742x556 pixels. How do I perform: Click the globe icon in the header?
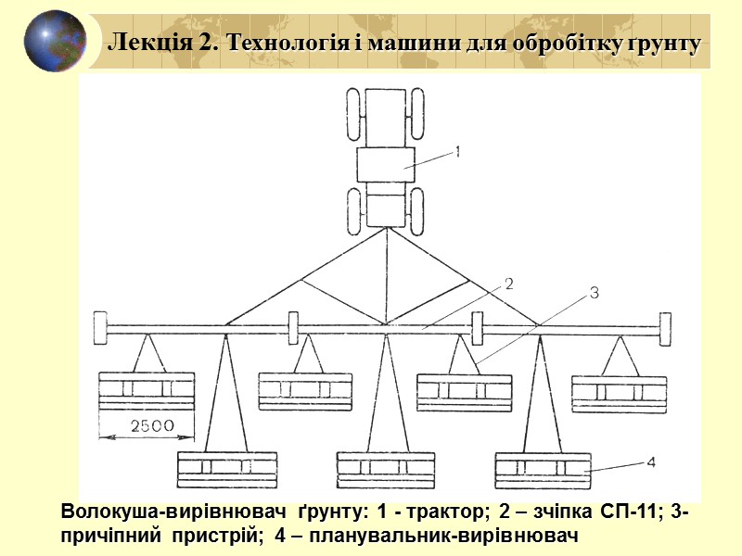pos(55,41)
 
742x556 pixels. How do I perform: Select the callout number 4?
pos(650,461)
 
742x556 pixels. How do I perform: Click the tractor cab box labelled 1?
pos(386,167)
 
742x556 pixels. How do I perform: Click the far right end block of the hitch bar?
pos(665,327)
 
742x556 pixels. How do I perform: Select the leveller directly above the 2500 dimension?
pos(147,391)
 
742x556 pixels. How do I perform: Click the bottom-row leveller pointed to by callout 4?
pos(544,470)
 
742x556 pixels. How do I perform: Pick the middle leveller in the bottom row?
pos(385,470)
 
